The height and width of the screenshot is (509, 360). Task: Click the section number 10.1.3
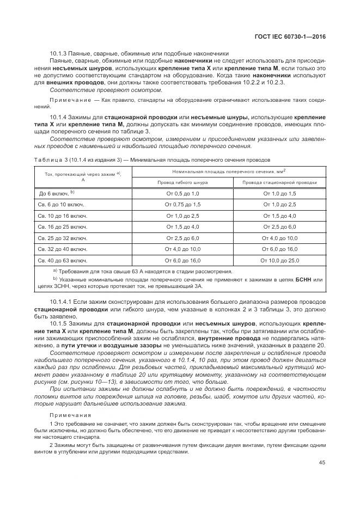pyautogui.click(x=58, y=53)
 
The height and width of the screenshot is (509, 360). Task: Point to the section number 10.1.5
pyautogui.click(x=59, y=323)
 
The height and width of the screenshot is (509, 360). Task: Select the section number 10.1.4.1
pyautogui.click(x=62, y=302)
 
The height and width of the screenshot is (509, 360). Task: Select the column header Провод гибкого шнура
pyautogui.click(x=182, y=183)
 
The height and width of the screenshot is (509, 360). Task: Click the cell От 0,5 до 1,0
pyautogui.click(x=182, y=194)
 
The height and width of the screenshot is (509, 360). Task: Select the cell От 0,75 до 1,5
pyautogui.click(x=182, y=205)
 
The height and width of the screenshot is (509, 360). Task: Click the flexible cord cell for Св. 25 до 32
pyautogui.click(x=182, y=238)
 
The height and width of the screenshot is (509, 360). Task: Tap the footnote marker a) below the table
pyautogui.click(x=55, y=271)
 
